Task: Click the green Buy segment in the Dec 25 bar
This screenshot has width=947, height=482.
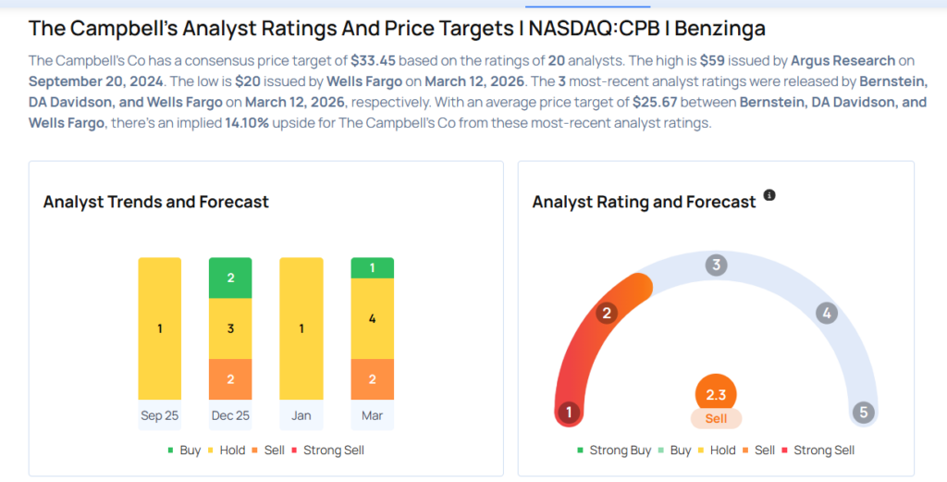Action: click(x=230, y=278)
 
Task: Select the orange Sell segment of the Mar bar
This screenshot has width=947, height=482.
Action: click(x=372, y=379)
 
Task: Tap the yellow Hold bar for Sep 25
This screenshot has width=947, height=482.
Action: click(x=160, y=328)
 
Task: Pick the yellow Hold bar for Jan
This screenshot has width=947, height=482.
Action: click(x=301, y=328)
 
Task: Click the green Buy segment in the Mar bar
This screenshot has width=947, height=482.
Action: click(x=372, y=268)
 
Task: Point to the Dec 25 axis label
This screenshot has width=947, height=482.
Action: click(x=230, y=415)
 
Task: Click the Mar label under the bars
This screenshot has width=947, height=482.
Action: click(x=372, y=415)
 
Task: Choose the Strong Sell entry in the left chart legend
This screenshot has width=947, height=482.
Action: click(x=329, y=451)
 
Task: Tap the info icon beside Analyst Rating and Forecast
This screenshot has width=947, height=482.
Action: click(x=769, y=196)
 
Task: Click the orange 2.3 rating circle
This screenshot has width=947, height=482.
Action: click(x=716, y=394)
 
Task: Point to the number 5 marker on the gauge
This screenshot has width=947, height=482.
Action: click(x=864, y=413)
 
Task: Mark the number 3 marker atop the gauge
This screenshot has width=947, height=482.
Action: click(x=715, y=266)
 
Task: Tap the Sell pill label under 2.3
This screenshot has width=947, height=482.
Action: click(x=716, y=419)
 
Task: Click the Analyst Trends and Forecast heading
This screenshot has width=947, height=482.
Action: click(x=156, y=202)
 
